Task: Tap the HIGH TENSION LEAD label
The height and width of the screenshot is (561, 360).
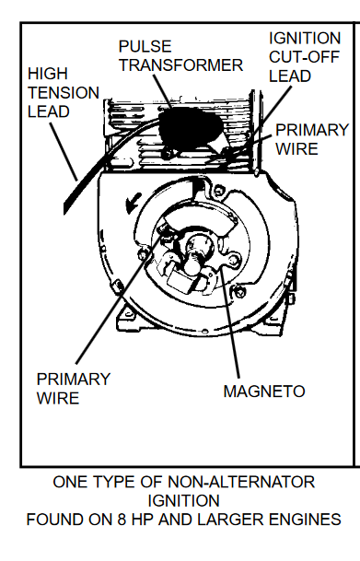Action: click(x=52, y=94)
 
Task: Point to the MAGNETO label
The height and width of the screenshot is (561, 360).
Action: click(x=263, y=391)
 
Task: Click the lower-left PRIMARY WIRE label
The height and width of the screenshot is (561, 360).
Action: click(x=74, y=389)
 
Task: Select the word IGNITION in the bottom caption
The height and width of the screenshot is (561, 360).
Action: click(x=180, y=500)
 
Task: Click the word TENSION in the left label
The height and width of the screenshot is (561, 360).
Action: click(x=62, y=94)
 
